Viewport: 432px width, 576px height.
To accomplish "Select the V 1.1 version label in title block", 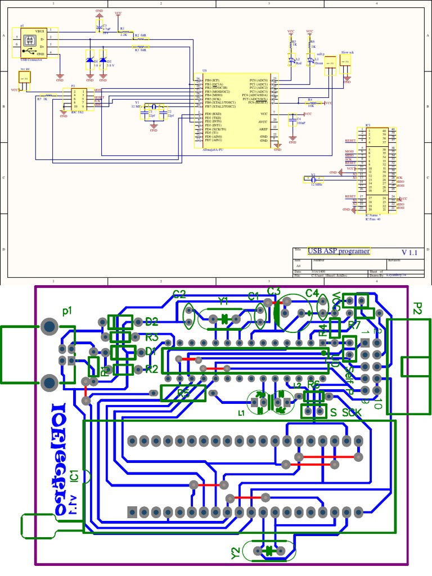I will (409, 253).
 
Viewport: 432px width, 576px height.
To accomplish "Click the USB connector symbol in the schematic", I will (29, 42).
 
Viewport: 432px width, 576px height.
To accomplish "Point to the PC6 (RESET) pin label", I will (259, 103).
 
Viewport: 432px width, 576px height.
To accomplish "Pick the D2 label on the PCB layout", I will (151, 322).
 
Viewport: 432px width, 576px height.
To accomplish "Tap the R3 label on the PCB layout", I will (151, 337).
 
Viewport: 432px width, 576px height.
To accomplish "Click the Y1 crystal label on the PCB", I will (223, 300).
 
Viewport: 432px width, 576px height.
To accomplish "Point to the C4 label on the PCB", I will (312, 293).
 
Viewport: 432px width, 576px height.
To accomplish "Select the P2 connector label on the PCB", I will (417, 308).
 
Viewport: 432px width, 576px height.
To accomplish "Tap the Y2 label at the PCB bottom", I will (236, 553).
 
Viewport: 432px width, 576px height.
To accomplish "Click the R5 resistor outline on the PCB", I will (183, 393).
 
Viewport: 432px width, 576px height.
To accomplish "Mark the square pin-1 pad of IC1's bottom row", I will (133, 512).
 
